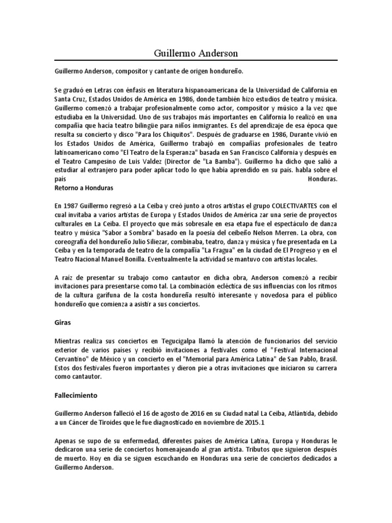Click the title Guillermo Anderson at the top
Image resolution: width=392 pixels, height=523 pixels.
click(196, 53)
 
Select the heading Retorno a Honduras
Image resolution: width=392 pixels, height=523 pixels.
click(84, 188)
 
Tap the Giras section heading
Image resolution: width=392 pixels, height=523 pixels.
click(63, 323)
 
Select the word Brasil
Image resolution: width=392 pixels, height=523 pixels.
click(326, 359)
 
